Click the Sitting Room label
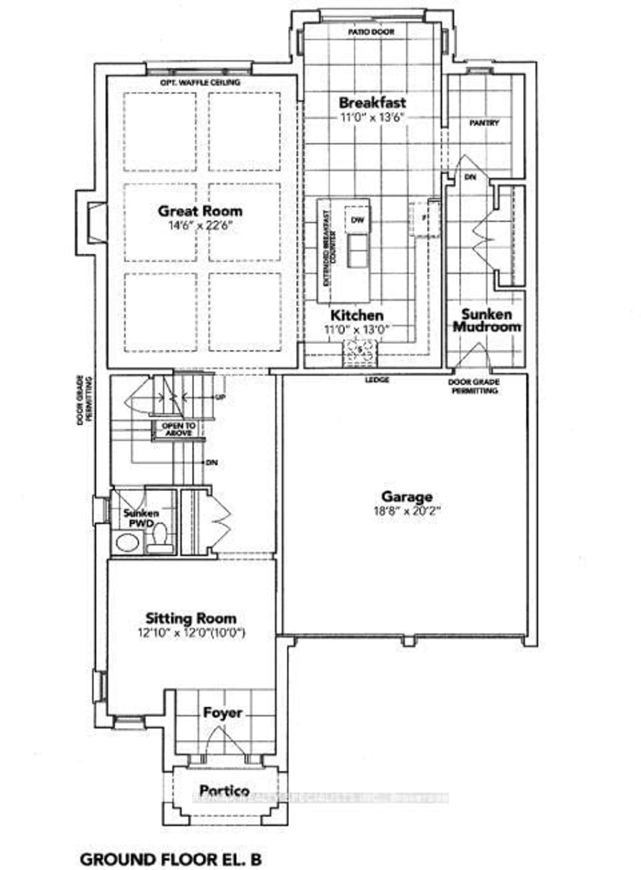click(x=190, y=618)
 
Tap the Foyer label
click(x=223, y=713)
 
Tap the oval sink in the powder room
click(x=127, y=542)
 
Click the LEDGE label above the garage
click(x=377, y=380)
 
